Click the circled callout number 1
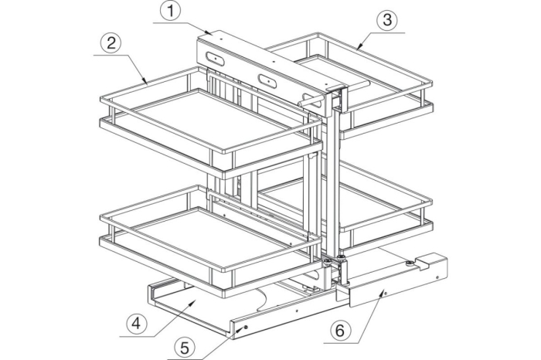pos(170,11)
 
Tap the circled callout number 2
pos(111,44)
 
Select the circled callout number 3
pos(387,20)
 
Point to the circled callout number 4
pos(137,324)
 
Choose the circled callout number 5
pos(185,348)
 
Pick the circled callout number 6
pos(340,331)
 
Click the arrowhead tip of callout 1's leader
pos(213,34)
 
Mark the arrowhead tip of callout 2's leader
pos(148,84)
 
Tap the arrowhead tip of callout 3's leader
pos(357,49)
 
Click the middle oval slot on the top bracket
pos(267,80)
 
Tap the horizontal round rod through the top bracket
pos(334,93)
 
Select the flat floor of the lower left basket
pos(209,238)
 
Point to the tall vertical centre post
pos(333,183)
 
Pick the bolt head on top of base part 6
pos(409,263)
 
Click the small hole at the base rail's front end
pos(245,327)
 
